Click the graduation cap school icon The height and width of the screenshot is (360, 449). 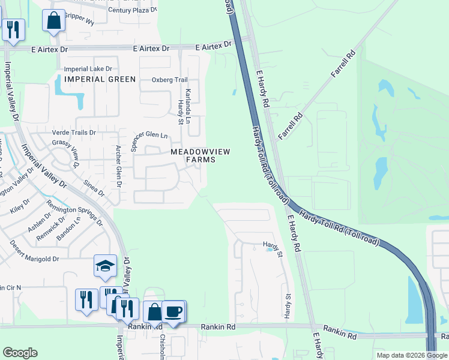point(105,266)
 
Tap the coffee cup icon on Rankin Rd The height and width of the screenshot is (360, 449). point(173,311)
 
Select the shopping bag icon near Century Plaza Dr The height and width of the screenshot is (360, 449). point(53,20)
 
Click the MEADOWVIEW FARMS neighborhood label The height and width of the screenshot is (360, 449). point(200,156)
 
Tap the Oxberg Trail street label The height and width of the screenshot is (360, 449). point(170,80)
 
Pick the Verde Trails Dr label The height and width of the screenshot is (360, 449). point(74,133)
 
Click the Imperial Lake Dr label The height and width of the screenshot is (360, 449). point(88,69)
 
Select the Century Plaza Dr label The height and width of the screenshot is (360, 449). point(133,10)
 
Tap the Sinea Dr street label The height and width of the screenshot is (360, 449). point(94,188)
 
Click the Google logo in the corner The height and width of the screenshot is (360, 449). point(20,353)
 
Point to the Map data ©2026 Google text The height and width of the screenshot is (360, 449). point(411,355)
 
